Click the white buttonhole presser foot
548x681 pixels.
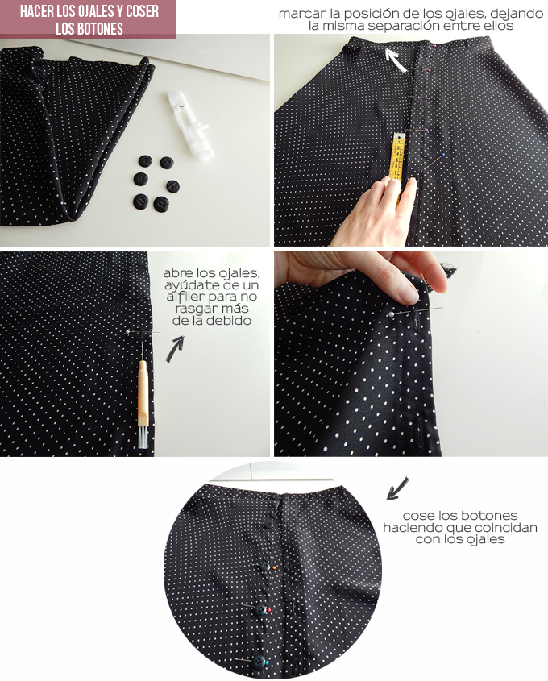click(x=189, y=125)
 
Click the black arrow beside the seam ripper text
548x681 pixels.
click(x=175, y=348)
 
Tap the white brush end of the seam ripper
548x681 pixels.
click(x=143, y=437)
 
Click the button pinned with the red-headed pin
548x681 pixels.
click(x=261, y=610)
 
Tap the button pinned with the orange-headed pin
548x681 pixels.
click(x=265, y=567)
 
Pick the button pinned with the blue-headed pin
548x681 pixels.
click(x=259, y=662)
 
